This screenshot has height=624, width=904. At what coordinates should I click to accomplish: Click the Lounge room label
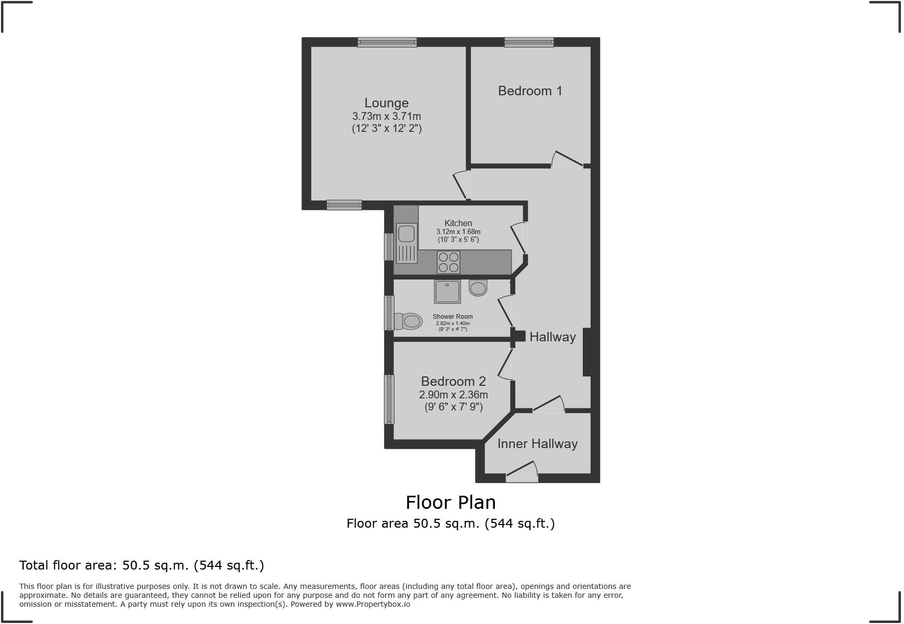coord(387,103)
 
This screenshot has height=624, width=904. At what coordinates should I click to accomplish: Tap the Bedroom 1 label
coord(530,91)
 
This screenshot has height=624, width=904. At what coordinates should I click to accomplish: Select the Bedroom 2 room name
coord(454,382)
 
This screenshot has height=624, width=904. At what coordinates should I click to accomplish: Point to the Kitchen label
coord(458,224)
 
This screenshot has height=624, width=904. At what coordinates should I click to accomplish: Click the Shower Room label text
coord(453,317)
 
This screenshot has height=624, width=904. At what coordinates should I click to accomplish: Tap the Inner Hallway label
coord(537,444)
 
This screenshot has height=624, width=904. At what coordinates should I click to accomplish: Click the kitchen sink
coord(406,243)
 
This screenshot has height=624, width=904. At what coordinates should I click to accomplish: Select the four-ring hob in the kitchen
coord(448,262)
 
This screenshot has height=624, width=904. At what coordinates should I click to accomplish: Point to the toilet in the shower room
coord(408,321)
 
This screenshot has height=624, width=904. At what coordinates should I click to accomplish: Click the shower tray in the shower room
coord(447,292)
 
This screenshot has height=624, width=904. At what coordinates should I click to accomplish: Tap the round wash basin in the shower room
coord(478,288)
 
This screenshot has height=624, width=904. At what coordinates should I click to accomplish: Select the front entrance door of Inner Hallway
coord(522,471)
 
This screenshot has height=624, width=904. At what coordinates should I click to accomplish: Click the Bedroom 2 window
coord(389,399)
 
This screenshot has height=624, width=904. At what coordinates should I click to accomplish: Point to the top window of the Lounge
coord(387,42)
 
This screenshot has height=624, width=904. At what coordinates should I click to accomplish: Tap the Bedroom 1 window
coord(529,42)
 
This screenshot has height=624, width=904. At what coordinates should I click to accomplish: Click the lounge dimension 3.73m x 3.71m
coord(387,116)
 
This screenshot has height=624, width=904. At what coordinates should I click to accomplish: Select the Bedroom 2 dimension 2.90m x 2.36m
coord(454,395)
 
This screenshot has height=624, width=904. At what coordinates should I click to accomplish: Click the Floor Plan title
coord(451,503)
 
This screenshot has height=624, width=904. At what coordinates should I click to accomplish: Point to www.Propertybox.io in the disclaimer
coord(373,604)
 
